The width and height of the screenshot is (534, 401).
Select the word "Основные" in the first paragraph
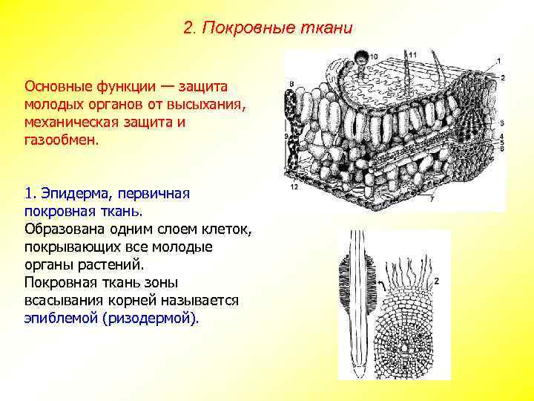pos(56,87)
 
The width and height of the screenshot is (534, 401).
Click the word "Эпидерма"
pos(72,194)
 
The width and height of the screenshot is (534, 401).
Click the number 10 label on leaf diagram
pos(373,56)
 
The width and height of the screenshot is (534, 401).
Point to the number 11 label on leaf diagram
pos(413,54)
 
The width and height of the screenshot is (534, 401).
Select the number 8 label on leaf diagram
pos(291,83)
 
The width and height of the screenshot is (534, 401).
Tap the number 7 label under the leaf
pos(431,199)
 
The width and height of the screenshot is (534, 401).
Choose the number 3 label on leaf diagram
pos(502,123)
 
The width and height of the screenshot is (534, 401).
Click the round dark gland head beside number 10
pos(360,57)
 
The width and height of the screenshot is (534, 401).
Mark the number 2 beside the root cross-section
pos(437,281)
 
